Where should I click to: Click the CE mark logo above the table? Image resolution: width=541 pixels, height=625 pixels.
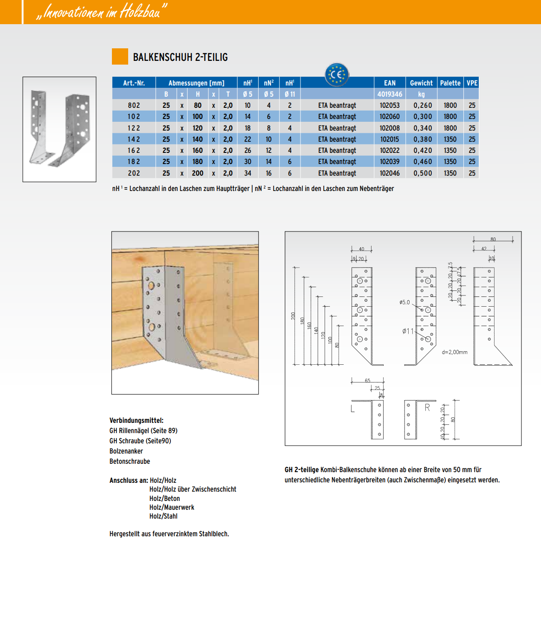337,74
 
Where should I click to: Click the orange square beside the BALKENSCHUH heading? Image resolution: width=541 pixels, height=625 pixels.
120,57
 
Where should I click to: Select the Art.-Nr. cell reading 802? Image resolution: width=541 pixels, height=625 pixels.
134,105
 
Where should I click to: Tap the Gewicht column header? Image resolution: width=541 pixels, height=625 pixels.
421,83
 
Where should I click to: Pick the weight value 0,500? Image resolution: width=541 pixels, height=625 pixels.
423,173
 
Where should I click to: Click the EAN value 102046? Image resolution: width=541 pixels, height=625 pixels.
390,173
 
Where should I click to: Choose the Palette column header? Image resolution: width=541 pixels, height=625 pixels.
450,83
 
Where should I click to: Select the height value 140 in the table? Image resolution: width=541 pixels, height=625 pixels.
198,139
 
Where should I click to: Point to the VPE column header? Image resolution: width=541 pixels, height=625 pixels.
472,83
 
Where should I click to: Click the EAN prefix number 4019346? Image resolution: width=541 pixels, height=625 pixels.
390,94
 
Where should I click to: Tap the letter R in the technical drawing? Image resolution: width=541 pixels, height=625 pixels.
427,408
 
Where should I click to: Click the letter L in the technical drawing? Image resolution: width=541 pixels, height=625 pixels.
352,409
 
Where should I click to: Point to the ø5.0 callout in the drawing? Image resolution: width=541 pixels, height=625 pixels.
404,302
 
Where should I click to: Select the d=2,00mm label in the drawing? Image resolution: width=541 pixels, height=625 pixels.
455,352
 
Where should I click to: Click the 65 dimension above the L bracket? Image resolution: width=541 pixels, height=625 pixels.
367,381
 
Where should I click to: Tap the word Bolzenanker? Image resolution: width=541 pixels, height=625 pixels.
126,451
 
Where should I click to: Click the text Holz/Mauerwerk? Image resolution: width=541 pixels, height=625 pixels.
172,507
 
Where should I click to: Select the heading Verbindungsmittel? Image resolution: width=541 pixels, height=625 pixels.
137,421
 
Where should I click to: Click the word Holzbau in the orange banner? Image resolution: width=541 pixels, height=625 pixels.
140,11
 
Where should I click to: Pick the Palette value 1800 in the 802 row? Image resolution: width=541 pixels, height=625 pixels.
450,105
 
